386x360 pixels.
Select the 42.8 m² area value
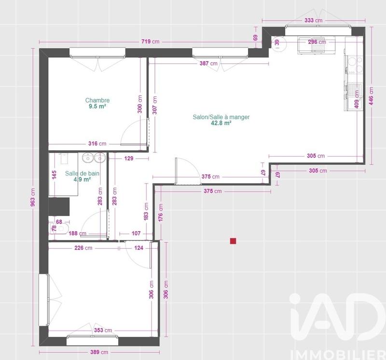[221, 123]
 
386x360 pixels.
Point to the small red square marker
[233, 240]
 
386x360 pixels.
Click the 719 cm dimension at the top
[150, 42]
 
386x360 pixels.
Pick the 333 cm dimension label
[314, 21]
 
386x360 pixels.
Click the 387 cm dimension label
[208, 63]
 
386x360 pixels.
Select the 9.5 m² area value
[97, 107]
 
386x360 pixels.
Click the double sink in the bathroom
[94, 158]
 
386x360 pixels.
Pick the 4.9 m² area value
[82, 179]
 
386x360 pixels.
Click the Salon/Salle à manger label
[221, 117]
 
